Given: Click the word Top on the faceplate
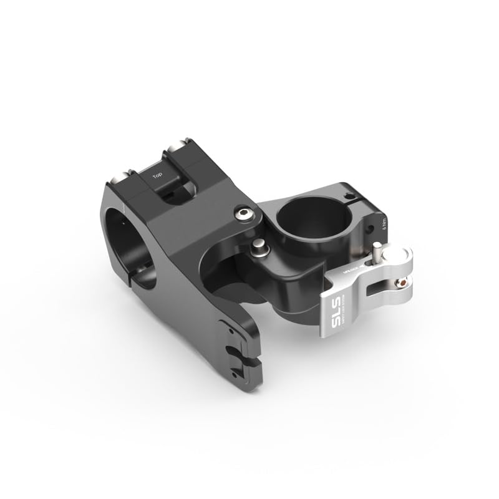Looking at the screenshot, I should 157,177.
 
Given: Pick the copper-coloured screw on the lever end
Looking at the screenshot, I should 407,282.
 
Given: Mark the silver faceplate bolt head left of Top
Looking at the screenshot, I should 119,178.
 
